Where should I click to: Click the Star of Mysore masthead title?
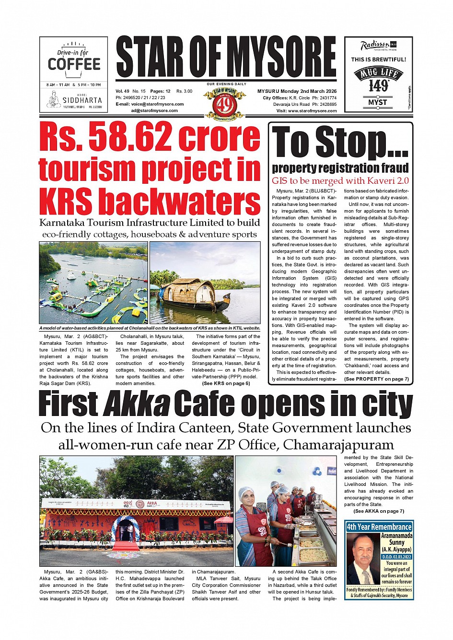tap(226, 57)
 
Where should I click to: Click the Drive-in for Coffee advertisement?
tap(74, 74)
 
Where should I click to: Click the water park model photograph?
tap(93, 282)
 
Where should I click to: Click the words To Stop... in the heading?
tap(340, 143)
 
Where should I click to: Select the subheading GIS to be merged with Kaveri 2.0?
tap(340, 181)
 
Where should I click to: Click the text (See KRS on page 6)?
tap(226, 383)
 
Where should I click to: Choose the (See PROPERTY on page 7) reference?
tap(376, 379)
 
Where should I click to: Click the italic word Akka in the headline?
tap(137, 404)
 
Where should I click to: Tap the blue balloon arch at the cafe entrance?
tap(126, 524)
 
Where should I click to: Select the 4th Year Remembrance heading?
tap(379, 527)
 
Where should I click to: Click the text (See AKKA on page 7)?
tap(378, 511)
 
